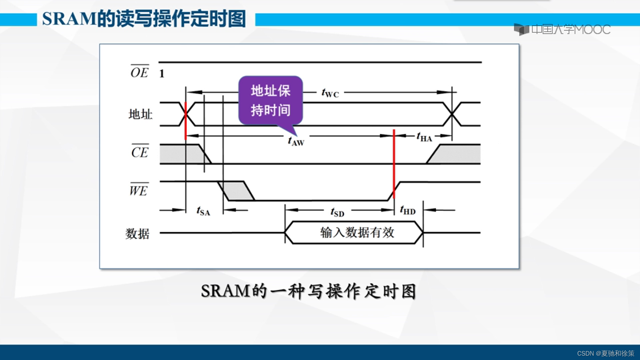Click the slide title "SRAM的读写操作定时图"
pos(144,19)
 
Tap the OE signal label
pos(140,72)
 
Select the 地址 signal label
pos(140,114)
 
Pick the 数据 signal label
pos(137,233)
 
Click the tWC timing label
pos(330,93)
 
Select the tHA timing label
pos(424,137)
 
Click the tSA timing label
pos(203,211)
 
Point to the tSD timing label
pos(337,212)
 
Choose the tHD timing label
pos(408,210)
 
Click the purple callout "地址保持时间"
pos(270,100)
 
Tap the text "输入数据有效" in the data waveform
pos(357,232)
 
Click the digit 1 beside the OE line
pos(162,74)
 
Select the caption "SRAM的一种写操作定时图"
pos(308,291)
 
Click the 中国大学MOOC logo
pos(562,29)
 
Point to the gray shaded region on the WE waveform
pos(237,191)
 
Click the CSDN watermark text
pos(605,353)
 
